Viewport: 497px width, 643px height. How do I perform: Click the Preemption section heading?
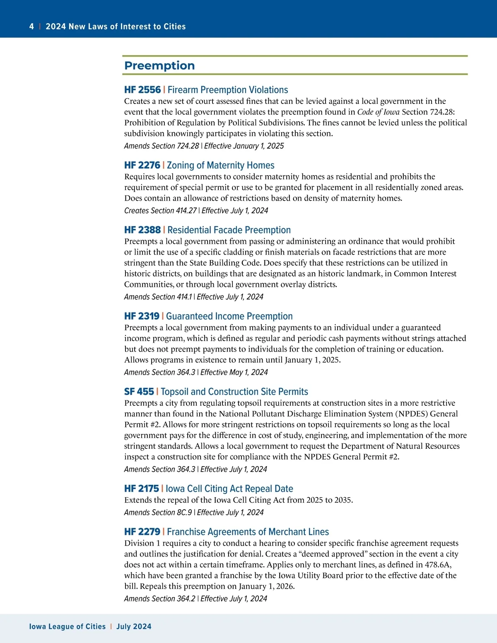click(159, 65)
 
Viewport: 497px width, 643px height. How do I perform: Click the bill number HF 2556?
click(142, 90)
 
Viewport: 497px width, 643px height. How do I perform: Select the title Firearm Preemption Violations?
click(228, 90)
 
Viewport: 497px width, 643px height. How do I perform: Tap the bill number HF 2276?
click(142, 165)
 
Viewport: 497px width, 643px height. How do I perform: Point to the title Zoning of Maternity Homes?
click(221, 165)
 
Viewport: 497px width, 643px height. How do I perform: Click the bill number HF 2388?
click(142, 230)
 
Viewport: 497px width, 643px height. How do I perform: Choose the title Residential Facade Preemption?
click(229, 230)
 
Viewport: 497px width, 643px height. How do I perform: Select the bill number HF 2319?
click(142, 316)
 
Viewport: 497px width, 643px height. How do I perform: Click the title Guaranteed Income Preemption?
click(229, 316)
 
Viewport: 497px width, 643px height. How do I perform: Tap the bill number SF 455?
click(139, 392)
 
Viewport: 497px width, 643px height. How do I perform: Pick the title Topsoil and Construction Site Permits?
click(234, 392)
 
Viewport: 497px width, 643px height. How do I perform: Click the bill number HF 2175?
click(142, 489)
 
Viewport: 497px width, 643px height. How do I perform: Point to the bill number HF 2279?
click(142, 532)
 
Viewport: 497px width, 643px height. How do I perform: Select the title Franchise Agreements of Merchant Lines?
click(248, 532)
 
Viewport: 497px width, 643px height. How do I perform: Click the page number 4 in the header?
click(31, 26)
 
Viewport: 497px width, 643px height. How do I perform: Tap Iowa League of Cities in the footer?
click(68, 626)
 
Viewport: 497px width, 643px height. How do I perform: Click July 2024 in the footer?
click(134, 626)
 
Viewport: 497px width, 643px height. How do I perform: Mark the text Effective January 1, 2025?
click(244, 146)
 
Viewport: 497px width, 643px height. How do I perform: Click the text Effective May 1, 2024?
click(234, 372)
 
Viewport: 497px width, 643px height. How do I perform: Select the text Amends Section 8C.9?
click(158, 512)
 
